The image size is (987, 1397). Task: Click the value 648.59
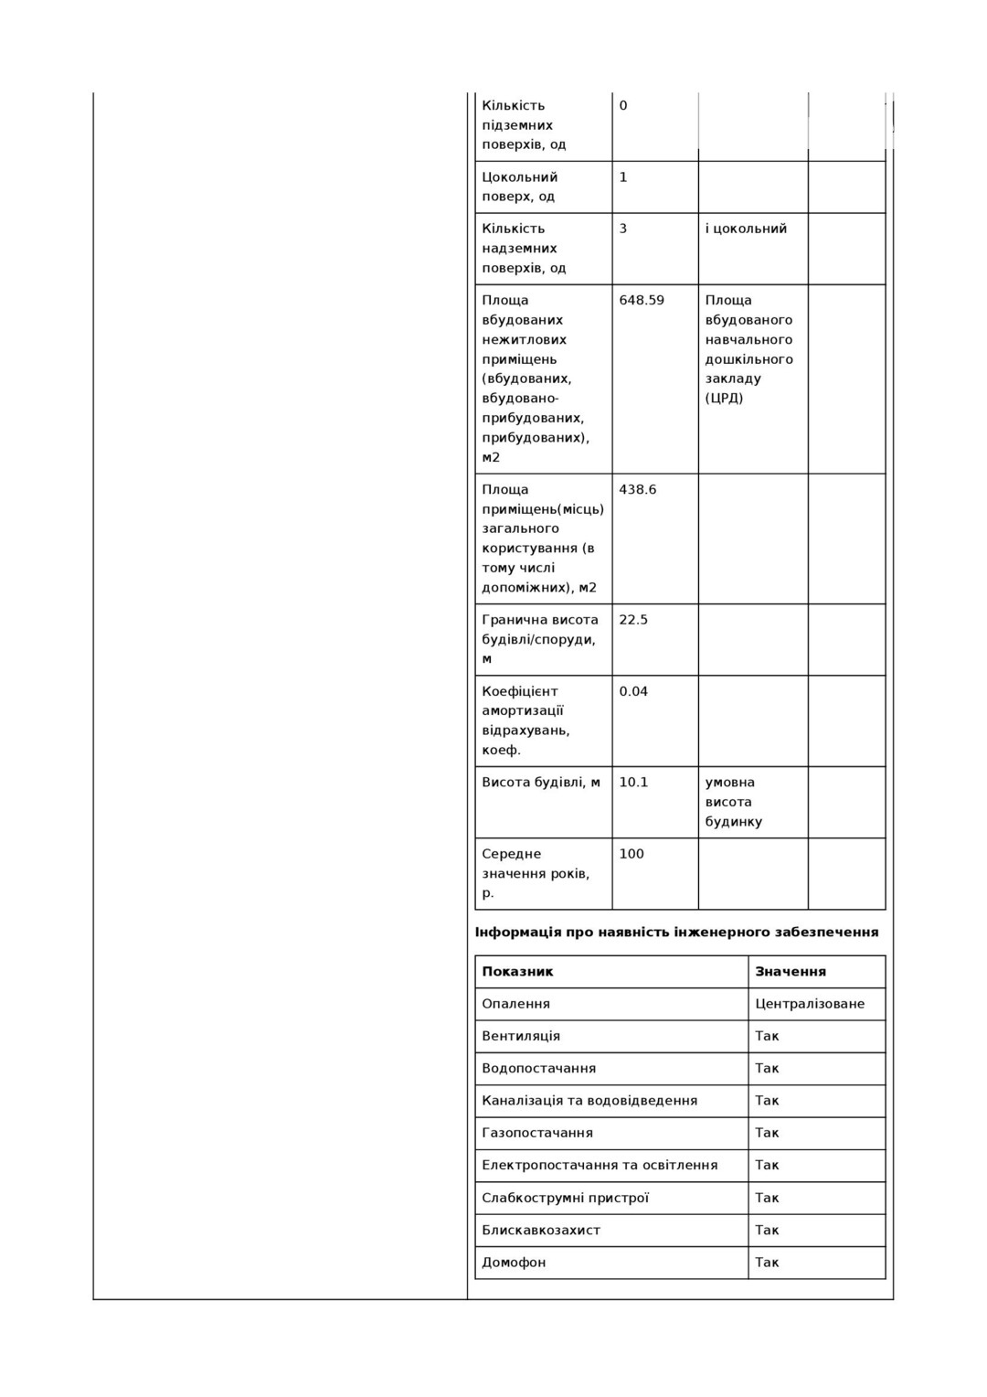642,301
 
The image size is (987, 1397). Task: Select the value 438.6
638,490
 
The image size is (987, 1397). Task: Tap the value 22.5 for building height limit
633,620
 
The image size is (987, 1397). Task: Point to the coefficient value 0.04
633,692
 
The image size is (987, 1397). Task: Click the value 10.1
633,783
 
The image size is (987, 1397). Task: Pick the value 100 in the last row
631,854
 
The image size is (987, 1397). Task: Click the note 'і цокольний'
746,229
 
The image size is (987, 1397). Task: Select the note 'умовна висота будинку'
733,802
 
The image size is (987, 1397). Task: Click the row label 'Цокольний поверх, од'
520,187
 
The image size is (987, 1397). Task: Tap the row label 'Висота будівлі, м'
541,783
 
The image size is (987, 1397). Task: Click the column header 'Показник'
517,972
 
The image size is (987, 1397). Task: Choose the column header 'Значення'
791,972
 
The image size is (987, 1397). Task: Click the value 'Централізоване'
810,1004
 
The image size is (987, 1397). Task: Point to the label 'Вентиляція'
521,1036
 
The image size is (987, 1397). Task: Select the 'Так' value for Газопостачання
767,1133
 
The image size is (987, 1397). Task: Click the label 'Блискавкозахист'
541,1230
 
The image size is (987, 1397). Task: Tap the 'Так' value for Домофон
767,1263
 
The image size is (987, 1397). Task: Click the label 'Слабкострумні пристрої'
565,1198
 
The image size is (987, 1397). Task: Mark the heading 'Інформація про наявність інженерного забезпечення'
676,933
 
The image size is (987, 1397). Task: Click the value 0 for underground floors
623,106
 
